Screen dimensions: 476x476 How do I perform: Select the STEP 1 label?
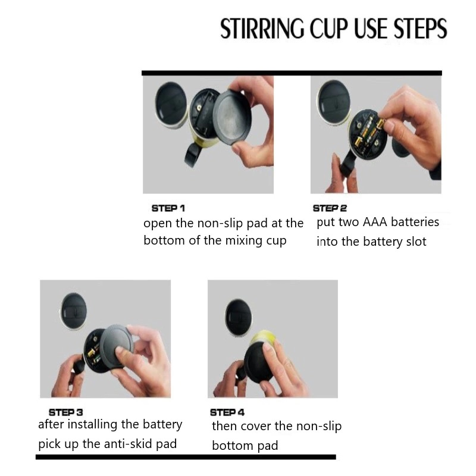click(168, 208)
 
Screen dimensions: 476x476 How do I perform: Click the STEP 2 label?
click(330, 208)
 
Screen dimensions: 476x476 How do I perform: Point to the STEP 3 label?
click(65, 412)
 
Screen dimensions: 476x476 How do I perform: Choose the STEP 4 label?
click(227, 412)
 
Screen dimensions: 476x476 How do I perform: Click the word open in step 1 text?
click(158, 224)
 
